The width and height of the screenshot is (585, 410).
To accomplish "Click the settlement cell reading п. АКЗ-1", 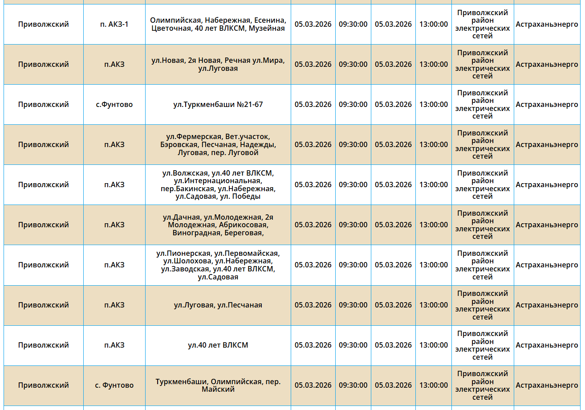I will (x=114, y=24).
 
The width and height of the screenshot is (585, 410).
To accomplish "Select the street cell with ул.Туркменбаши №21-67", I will (x=218, y=105).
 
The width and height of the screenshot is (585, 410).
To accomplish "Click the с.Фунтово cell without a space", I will (x=114, y=105).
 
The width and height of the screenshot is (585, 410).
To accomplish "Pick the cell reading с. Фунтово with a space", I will (x=114, y=385).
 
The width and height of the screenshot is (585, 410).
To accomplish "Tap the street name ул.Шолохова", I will (x=187, y=261).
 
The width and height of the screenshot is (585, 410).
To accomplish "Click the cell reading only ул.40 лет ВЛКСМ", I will (x=218, y=345).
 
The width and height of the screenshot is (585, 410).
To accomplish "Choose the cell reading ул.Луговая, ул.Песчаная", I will (x=218, y=305).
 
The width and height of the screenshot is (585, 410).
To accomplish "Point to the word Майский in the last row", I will (x=218, y=389).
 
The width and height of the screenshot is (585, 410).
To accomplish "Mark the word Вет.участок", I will (x=248, y=137).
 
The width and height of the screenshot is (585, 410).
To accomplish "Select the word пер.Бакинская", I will (x=187, y=189).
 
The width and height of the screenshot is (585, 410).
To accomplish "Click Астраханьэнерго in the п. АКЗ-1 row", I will (x=547, y=24).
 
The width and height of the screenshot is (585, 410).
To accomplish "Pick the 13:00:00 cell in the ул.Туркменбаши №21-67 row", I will (x=433, y=105).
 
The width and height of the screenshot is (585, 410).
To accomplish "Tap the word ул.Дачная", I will (x=181, y=217).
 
